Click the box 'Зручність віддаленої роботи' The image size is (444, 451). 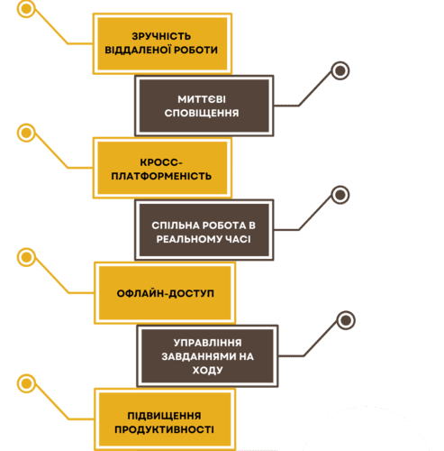[161, 42]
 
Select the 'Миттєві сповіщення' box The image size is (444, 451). [203, 106]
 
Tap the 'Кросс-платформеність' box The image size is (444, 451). [161, 168]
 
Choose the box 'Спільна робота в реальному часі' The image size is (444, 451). [203, 231]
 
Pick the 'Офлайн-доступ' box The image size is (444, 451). [163, 293]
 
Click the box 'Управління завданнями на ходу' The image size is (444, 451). [207, 355]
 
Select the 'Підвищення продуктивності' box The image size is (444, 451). [163, 420]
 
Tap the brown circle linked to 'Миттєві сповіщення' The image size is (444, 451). [340, 70]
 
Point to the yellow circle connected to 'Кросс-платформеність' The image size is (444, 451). [27, 133]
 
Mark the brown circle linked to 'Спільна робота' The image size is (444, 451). [340, 195]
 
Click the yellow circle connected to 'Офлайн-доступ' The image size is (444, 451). [27, 257]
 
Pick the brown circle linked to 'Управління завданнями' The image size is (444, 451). [345, 320]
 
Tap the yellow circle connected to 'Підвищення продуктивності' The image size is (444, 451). [27, 383]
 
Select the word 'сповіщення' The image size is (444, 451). [203, 114]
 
